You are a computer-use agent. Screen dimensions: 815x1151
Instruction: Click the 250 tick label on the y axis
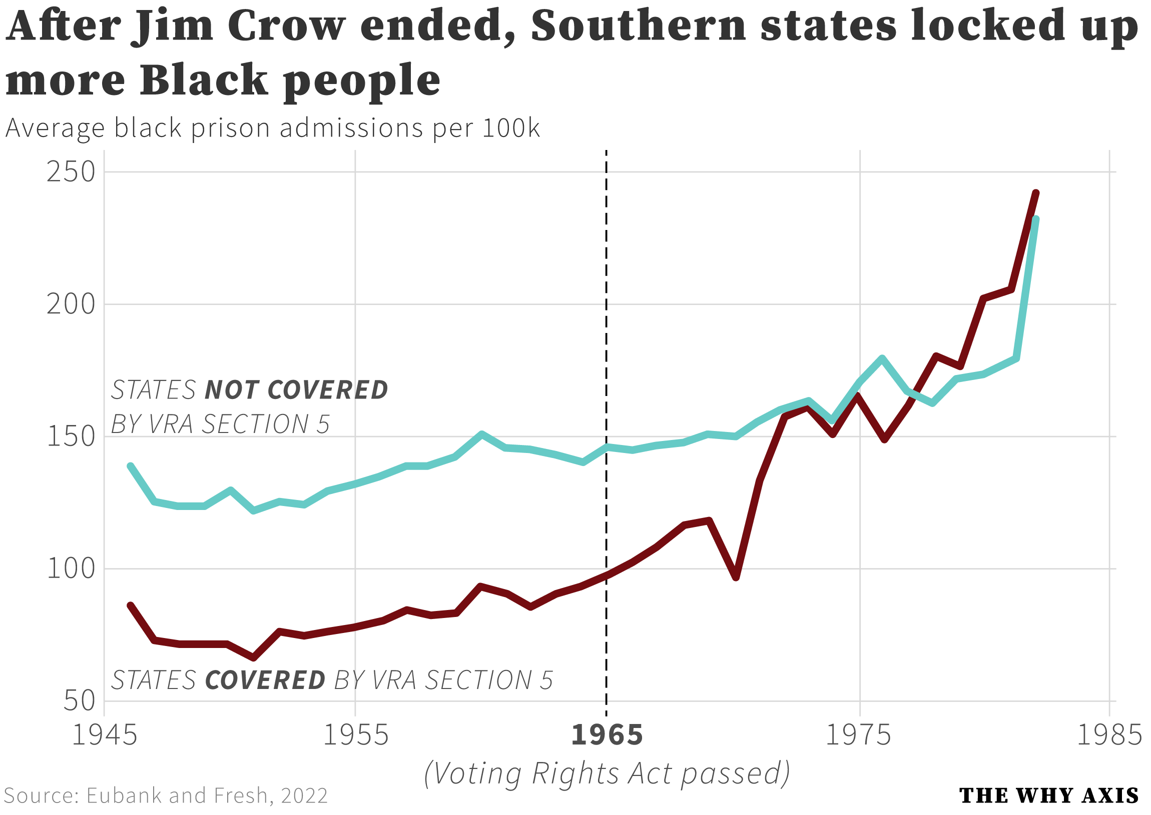tap(71, 172)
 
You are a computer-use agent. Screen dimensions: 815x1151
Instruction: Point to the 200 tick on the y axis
tap(71, 304)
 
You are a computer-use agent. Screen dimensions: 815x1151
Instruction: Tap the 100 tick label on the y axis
tap(71, 569)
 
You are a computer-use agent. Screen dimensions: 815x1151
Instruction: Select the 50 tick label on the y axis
tap(80, 701)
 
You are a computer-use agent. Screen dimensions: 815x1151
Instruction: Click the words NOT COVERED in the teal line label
tap(296, 390)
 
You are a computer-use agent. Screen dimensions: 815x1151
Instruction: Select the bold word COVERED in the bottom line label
tap(265, 681)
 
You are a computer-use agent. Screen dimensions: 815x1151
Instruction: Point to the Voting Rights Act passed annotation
tap(607, 773)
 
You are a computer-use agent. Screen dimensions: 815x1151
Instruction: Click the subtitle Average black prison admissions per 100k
tap(272, 128)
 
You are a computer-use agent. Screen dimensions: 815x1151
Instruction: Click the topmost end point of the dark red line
tap(1036, 192)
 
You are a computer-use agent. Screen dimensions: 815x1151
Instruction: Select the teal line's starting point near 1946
tap(131, 466)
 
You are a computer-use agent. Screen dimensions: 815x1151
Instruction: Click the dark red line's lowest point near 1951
tap(254, 658)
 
